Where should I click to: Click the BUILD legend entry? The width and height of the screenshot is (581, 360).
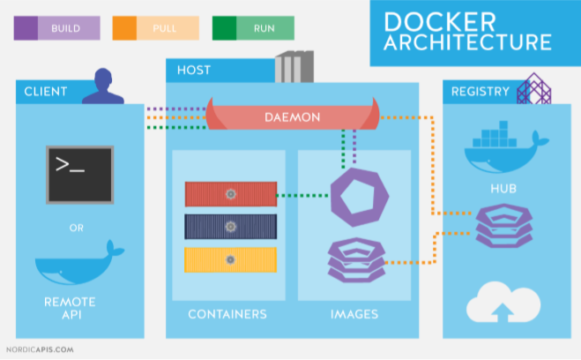coord(57,28)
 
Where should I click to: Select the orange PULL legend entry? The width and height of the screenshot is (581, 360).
coord(156,28)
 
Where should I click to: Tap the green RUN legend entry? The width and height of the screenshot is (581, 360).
coord(253,28)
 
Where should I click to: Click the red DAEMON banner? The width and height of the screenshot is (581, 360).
coord(293,117)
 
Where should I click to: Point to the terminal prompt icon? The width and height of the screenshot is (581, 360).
coord(79,175)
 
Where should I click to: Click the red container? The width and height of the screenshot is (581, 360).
coord(231,194)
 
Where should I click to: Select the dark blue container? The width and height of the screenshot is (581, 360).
coord(231,227)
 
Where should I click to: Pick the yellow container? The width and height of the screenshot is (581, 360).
coord(231,259)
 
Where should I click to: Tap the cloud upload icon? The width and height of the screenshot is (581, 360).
coord(503,302)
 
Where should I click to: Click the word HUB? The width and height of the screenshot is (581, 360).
coord(503,189)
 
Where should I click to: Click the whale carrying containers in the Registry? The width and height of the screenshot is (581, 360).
coord(505,147)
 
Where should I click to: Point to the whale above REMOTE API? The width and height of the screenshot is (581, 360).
coord(79,263)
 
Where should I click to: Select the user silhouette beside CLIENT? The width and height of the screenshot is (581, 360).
coord(103,86)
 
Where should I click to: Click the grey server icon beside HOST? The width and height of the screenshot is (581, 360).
coord(294,67)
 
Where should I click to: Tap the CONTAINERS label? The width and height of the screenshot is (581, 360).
coord(227,314)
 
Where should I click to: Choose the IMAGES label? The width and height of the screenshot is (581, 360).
coord(354,314)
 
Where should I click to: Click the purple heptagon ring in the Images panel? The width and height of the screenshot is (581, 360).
coord(337,197)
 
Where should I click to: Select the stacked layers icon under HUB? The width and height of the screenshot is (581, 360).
coord(504,226)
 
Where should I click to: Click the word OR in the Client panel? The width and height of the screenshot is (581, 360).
coord(77,228)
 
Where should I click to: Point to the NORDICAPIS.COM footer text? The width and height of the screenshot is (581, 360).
coord(40,349)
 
